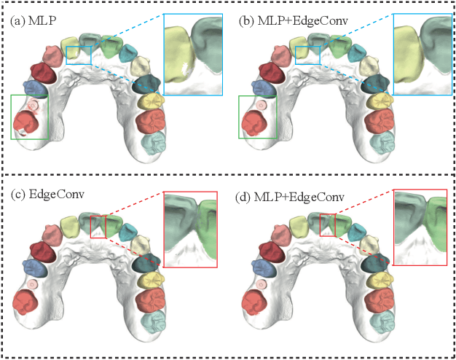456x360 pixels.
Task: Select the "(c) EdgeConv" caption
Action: tap(40, 197)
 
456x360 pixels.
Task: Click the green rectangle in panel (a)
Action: tap(30, 117)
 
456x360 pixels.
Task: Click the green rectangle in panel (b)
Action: tap(259, 117)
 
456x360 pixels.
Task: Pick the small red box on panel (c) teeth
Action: tap(98, 226)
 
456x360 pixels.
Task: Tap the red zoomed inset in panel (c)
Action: tap(190, 228)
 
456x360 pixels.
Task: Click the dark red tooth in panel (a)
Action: tap(42, 72)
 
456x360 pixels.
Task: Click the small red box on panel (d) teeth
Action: tap(328, 224)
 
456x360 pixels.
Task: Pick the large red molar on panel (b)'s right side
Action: tap(380, 120)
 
